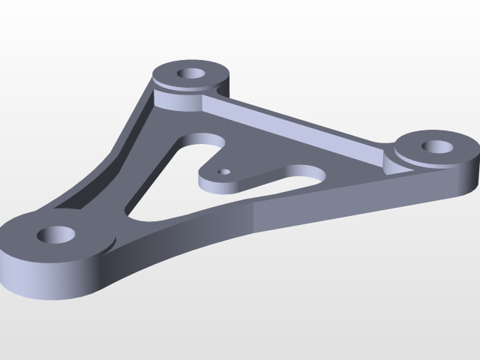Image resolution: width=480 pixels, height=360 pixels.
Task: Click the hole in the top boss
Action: [x=192, y=75]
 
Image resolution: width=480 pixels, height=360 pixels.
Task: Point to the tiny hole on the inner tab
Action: [x=222, y=171]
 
